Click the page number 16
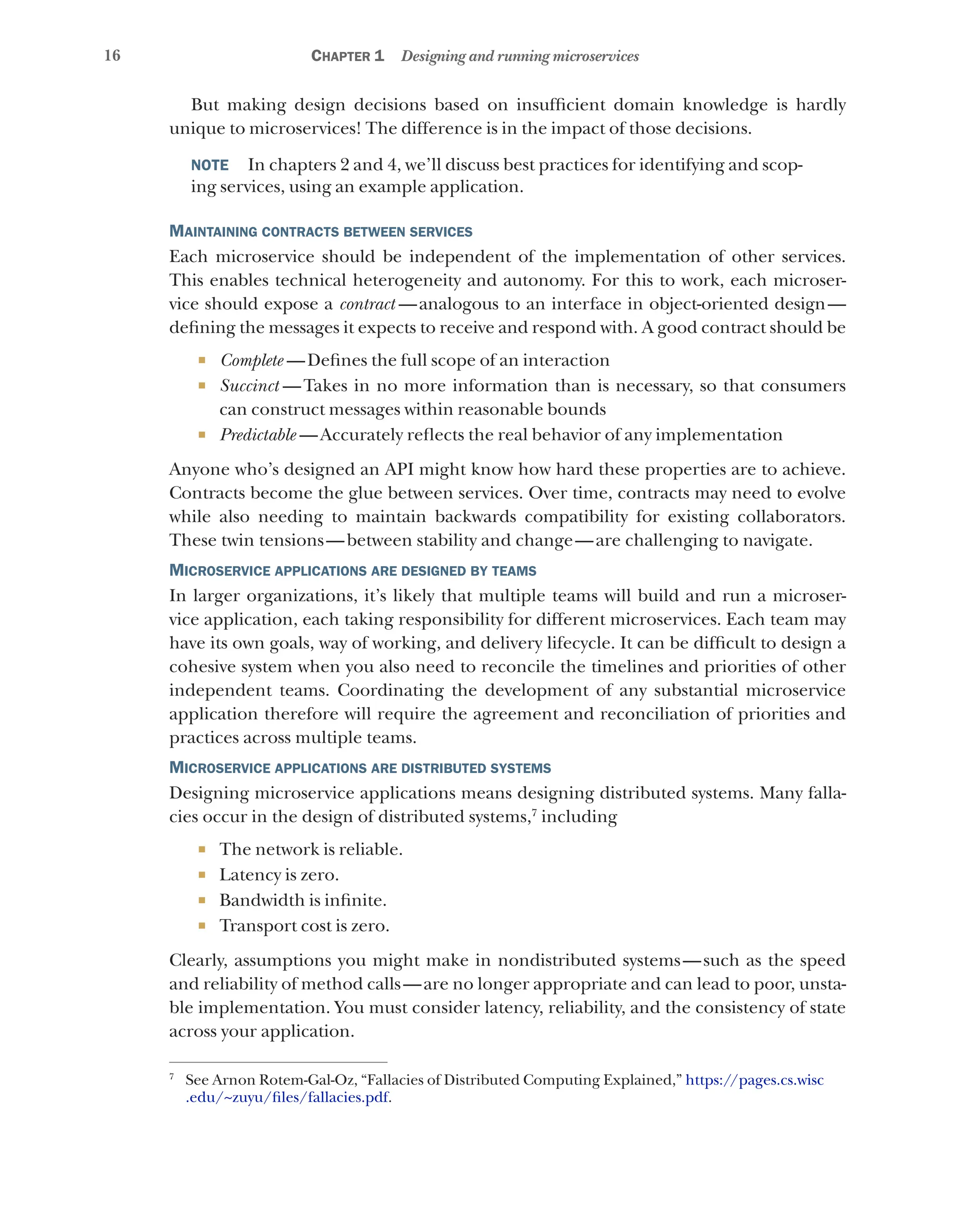tap(112, 55)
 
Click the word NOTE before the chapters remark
tap(209, 165)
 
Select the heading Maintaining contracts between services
tap(320, 231)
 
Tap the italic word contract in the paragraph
tap(367, 304)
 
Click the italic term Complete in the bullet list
tap(252, 360)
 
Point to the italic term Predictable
tap(258, 435)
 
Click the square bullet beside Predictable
tap(202, 435)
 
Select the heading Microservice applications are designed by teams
tap(352, 571)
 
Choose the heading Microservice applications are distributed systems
tap(359, 768)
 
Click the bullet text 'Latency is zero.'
tap(279, 875)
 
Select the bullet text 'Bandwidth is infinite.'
tap(303, 900)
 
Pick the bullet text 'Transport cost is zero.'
tap(304, 926)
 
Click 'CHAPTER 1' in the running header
tap(347, 56)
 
